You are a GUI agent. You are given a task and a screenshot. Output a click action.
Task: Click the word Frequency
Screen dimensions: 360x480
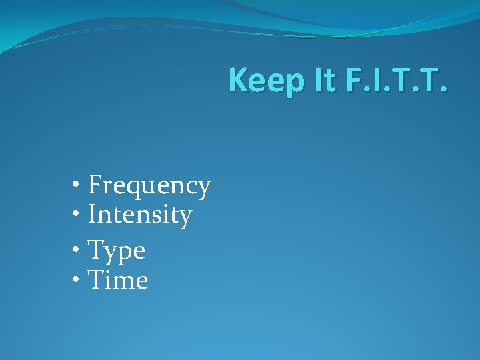coord(149,185)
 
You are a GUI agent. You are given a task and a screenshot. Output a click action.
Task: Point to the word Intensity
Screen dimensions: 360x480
coord(140,215)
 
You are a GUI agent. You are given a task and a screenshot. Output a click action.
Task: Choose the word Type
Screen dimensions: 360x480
coord(117,251)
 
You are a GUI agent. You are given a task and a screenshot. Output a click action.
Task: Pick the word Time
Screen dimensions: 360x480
coord(118,280)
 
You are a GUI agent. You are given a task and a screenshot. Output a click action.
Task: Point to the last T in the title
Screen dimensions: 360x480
coord(436,80)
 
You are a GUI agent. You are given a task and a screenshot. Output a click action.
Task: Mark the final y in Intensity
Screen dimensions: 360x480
coord(185,218)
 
